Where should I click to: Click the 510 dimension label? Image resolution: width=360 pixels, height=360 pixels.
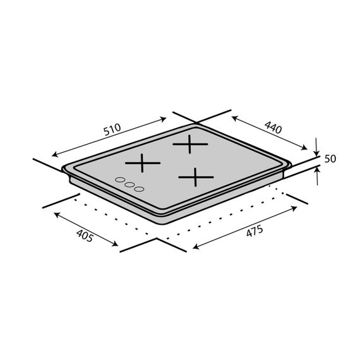tap(112, 129)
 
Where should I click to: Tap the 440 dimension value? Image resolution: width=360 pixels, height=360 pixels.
tap(273, 128)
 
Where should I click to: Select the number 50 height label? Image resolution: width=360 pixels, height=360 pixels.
tap(330, 159)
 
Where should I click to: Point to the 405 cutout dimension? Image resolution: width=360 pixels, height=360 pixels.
tap(85, 236)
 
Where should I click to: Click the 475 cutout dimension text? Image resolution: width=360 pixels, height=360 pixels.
tap(255, 231)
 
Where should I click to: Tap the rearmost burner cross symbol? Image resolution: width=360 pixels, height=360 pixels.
tap(190, 144)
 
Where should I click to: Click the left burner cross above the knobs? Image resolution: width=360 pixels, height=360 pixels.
tap(143, 163)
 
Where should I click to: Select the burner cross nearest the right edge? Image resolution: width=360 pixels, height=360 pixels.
tap(196, 177)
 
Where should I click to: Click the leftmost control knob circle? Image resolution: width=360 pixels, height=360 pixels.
tap(120, 179)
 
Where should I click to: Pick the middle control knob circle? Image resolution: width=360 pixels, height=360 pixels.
tap(129, 184)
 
